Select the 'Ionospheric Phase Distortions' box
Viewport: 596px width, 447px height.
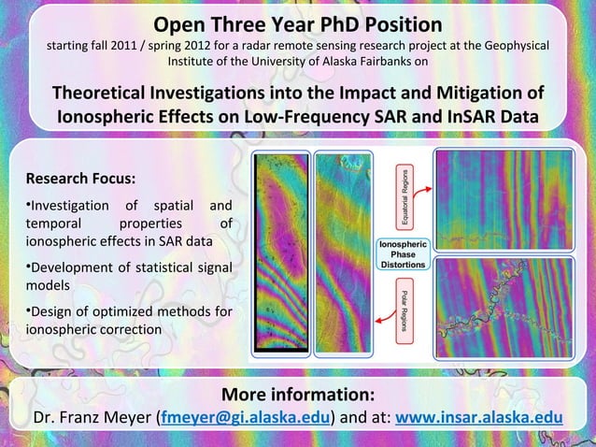point(402,253)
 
